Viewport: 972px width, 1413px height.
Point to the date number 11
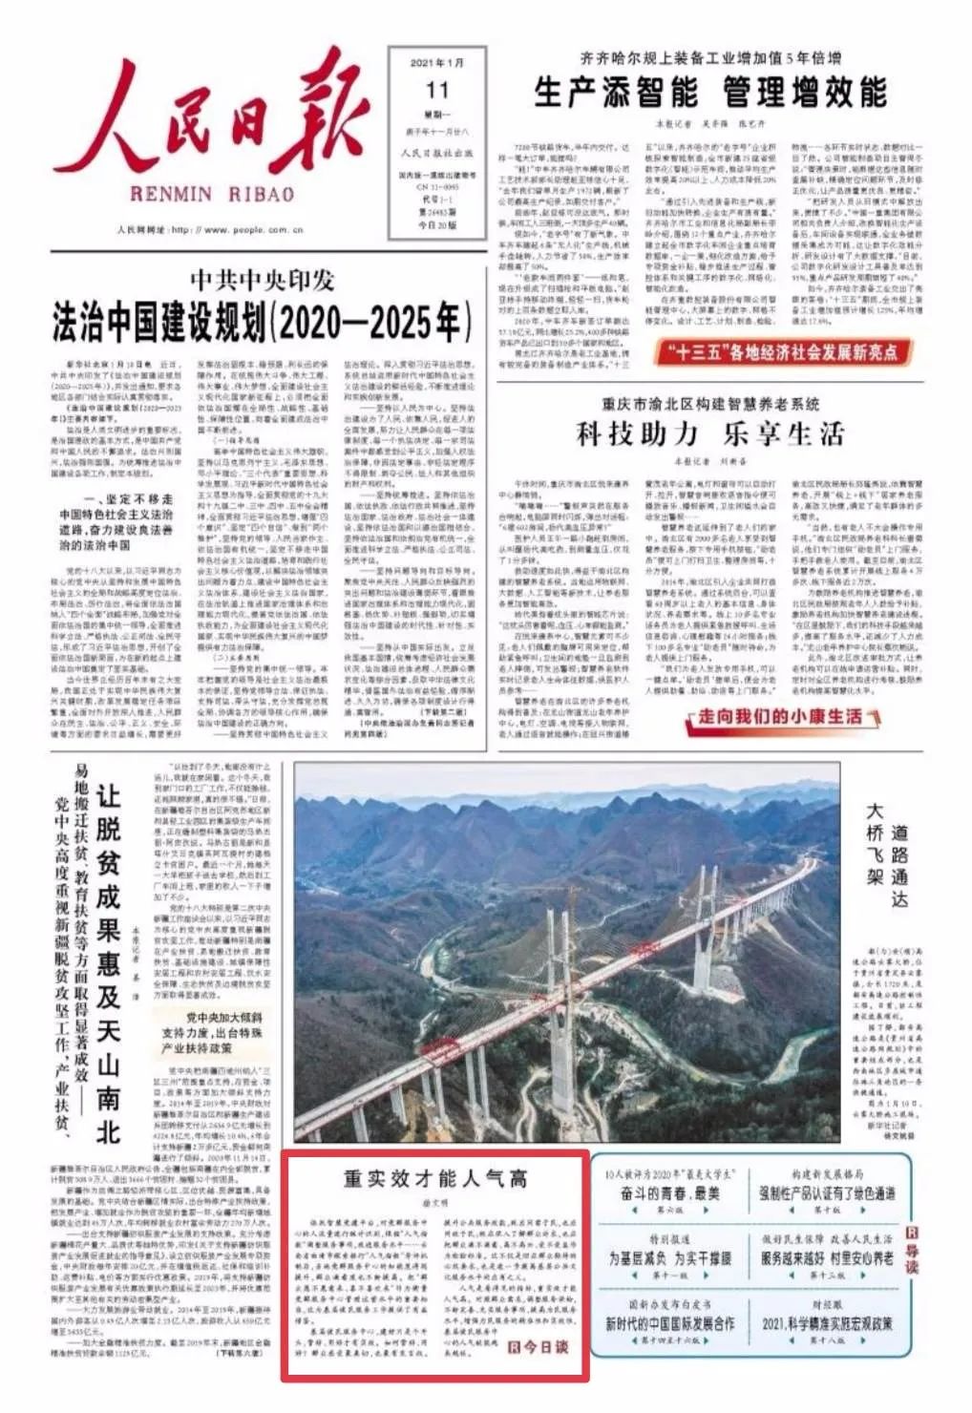(437, 91)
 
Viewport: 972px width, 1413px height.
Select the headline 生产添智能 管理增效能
(710, 93)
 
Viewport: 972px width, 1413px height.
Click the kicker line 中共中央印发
(262, 280)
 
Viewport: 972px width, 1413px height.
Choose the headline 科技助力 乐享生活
(710, 434)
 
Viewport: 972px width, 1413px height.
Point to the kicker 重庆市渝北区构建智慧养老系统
(710, 404)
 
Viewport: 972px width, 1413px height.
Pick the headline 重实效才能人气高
(435, 1178)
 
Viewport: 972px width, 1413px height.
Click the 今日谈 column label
(539, 1346)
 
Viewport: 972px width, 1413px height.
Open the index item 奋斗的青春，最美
(669, 1193)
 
